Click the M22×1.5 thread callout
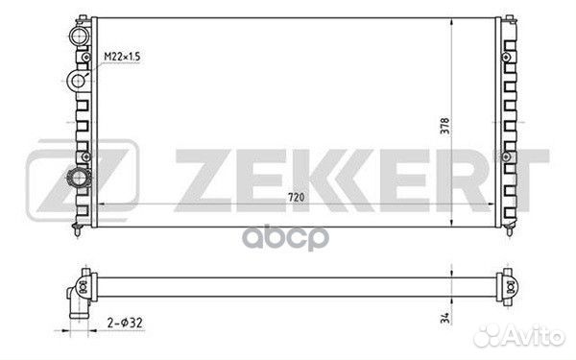[122, 57]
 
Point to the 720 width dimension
[296, 197]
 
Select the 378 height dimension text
[444, 126]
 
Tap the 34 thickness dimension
[444, 318]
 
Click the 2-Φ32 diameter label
[125, 323]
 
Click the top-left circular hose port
[80, 36]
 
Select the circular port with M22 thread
[78, 81]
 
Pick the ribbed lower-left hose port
[79, 179]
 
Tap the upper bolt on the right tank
[506, 58]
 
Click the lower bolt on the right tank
[506, 156]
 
